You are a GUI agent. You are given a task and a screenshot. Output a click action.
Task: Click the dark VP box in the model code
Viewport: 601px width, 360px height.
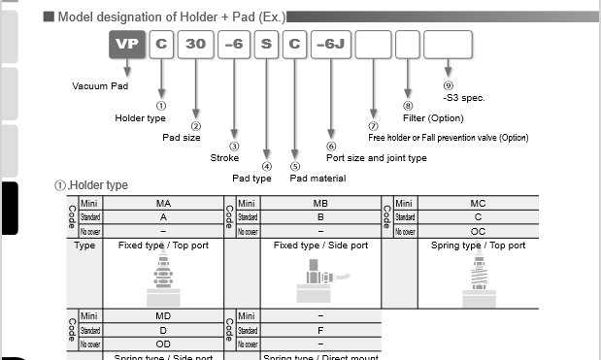(125, 46)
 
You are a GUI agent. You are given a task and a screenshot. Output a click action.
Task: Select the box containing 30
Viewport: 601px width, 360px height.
(195, 46)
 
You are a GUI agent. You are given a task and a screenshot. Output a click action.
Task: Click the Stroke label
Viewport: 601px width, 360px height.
(224, 157)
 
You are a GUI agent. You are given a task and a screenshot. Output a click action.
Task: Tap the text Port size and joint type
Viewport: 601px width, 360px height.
(376, 157)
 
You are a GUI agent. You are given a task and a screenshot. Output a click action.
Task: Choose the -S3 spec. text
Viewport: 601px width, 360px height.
(463, 97)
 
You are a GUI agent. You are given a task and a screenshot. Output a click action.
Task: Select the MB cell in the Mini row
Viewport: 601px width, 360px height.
(320, 204)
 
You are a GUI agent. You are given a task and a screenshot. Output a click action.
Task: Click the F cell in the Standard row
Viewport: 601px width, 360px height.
(320, 331)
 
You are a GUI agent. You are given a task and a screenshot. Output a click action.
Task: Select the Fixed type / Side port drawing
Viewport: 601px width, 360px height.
(316, 288)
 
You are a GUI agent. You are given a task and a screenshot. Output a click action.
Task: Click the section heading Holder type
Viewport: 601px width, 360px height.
(97, 184)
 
